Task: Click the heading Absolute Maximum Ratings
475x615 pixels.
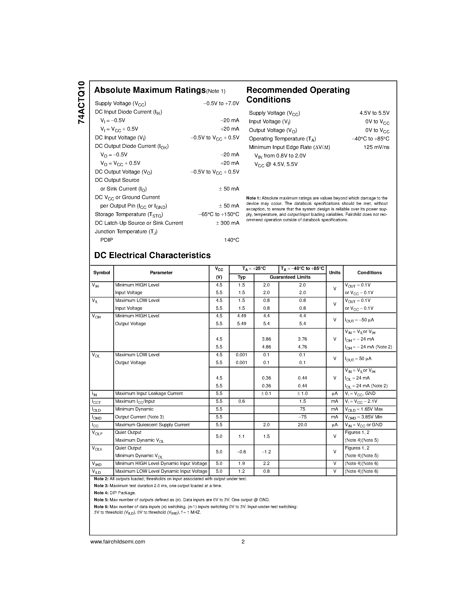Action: (150, 90)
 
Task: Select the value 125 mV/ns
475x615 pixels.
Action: (376, 147)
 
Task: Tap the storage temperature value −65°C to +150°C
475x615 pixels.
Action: (218, 214)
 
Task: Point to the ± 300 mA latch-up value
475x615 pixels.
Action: (227, 223)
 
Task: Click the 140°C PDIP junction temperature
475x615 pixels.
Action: (231, 240)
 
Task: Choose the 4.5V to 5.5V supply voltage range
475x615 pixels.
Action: (374, 113)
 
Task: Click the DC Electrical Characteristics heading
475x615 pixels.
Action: (152, 255)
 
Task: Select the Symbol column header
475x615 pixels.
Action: (101, 273)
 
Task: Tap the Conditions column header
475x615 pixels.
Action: (369, 273)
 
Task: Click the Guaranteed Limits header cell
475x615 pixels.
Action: (290, 277)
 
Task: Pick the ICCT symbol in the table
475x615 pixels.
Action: (96, 402)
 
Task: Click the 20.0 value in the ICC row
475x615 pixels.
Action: (302, 425)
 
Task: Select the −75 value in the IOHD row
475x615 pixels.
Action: (302, 417)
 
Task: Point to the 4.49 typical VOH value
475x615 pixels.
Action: (241, 316)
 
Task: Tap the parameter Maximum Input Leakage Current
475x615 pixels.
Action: (149, 393)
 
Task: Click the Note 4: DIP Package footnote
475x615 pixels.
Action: (115, 493)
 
